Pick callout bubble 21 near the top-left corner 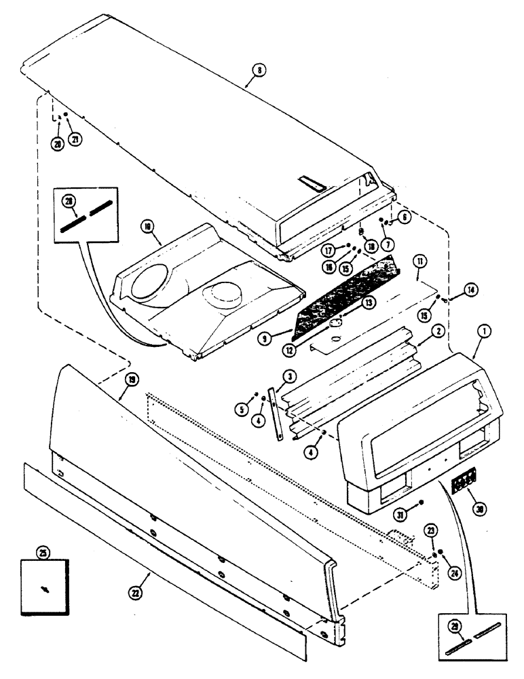(75, 140)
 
